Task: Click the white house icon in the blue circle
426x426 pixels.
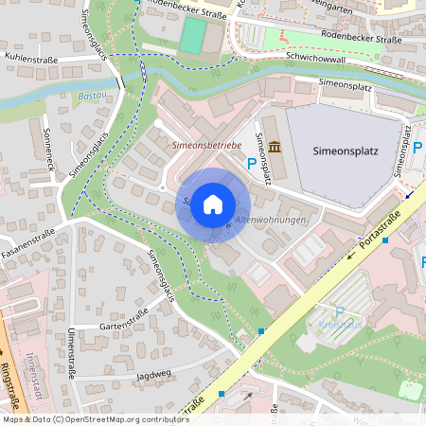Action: [x=213, y=204]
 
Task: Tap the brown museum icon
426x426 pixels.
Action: [x=274, y=147]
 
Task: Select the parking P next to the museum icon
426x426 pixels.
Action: [x=251, y=164]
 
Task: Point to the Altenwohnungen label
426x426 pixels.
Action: [x=270, y=220]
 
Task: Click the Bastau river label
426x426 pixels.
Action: [x=92, y=97]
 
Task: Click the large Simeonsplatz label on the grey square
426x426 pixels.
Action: [x=345, y=151]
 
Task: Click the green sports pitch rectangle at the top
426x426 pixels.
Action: [x=192, y=36]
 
